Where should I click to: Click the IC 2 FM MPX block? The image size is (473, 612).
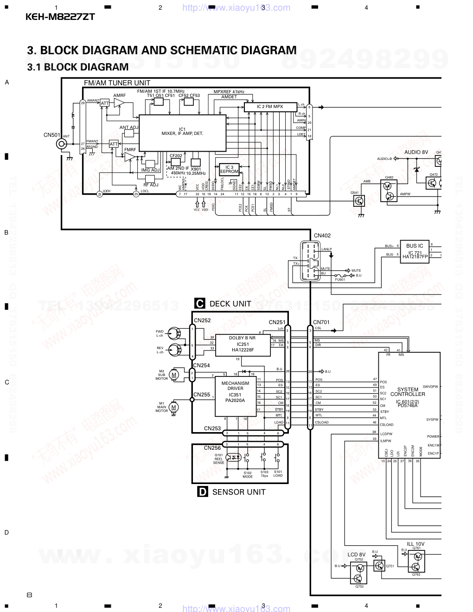click(x=270, y=107)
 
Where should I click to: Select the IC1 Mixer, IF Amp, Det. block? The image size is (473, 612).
click(x=182, y=132)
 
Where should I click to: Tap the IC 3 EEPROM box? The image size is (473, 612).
click(x=229, y=170)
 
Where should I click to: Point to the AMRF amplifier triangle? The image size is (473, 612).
click(x=120, y=103)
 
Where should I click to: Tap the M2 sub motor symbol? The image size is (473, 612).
click(x=174, y=374)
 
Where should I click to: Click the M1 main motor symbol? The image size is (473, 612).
click(x=174, y=407)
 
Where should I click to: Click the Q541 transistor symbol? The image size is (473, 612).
click(x=359, y=200)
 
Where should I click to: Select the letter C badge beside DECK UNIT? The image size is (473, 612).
click(x=200, y=304)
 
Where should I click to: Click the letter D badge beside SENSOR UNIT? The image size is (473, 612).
click(x=203, y=492)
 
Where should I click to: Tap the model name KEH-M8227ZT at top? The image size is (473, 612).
click(x=60, y=17)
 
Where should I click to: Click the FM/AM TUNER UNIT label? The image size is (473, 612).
click(x=117, y=83)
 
